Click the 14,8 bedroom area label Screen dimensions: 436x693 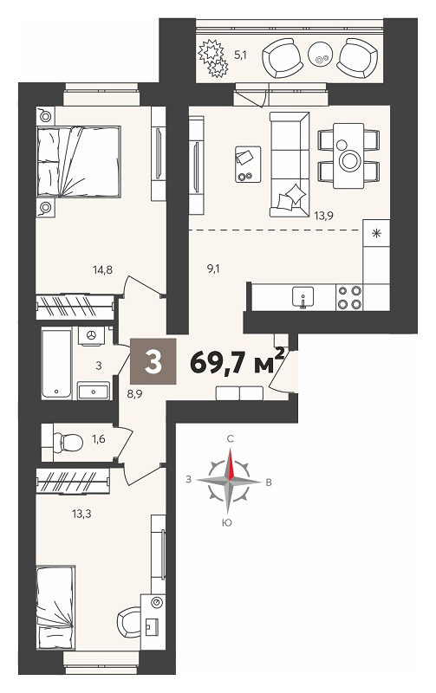[x=102, y=269]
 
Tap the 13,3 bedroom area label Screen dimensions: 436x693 [x=81, y=514]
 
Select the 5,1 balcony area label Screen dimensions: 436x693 [x=240, y=55]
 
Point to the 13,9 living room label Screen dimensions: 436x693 [x=323, y=216]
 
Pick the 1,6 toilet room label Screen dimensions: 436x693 [x=98, y=439]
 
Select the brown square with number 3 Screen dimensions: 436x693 [x=153, y=361]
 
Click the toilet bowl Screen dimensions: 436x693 [x=68, y=442]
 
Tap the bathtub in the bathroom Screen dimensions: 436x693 [x=56, y=363]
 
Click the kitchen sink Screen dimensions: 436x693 [x=303, y=296]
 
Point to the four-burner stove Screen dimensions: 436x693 [x=349, y=297]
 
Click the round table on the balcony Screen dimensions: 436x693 [x=319, y=54]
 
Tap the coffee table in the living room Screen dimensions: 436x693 [x=248, y=164]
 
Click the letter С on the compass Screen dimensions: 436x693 [x=230, y=438]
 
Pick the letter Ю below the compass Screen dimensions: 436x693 [x=227, y=523]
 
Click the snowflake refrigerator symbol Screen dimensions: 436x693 [x=376, y=233]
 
